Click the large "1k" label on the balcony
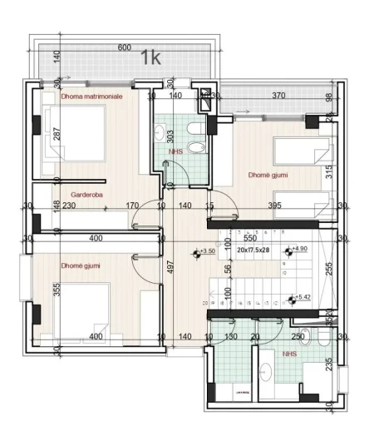pyautogui.click(x=150, y=57)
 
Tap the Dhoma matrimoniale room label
pyautogui.click(x=91, y=97)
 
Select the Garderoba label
pyautogui.click(x=74, y=193)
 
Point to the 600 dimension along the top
pyautogui.click(x=125, y=47)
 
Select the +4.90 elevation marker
pyautogui.click(x=298, y=249)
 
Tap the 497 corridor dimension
pyautogui.click(x=168, y=266)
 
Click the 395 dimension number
pyautogui.click(x=275, y=206)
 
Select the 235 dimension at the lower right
pyautogui.click(x=330, y=364)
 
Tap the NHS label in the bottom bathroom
pyautogui.click(x=289, y=354)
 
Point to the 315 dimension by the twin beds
pyautogui.click(x=329, y=171)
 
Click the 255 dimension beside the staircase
pyautogui.click(x=329, y=269)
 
